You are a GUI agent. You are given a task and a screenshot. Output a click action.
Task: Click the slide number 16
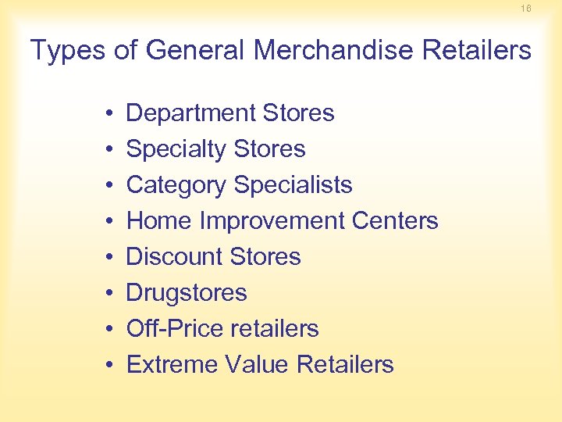(x=526, y=8)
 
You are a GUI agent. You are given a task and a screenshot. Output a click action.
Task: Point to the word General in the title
(x=195, y=51)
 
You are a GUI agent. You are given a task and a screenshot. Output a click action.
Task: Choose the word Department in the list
(x=190, y=113)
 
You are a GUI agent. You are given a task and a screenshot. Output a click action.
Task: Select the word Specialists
(x=293, y=185)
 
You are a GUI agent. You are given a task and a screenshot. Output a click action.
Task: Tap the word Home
(x=159, y=221)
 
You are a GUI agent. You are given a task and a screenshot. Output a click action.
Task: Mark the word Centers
(x=395, y=221)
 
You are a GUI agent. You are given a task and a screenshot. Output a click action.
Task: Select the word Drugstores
(x=187, y=293)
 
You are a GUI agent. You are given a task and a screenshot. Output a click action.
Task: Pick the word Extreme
(x=172, y=365)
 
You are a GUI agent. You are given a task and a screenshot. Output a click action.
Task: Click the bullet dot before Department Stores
(x=105, y=114)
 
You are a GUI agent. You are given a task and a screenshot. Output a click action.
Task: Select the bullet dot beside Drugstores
(x=105, y=294)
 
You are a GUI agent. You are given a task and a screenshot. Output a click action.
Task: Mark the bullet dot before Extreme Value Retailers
(x=105, y=366)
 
